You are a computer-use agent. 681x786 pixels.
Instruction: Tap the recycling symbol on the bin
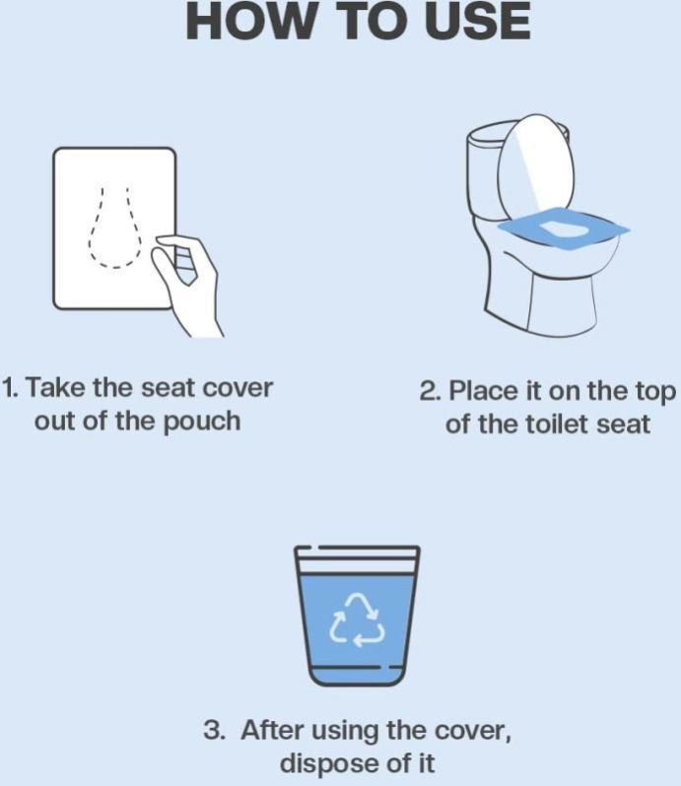point(357,620)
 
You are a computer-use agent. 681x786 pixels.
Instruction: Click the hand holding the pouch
point(187,285)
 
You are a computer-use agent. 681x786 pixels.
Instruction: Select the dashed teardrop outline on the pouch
point(114,229)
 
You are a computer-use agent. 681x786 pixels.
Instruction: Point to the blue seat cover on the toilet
point(564,229)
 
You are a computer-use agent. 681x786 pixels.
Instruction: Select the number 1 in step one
point(10,388)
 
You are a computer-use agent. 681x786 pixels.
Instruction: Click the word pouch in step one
point(203,422)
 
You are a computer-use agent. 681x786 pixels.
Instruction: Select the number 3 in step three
point(214,730)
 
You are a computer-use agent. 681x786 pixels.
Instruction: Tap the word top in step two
point(656,393)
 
